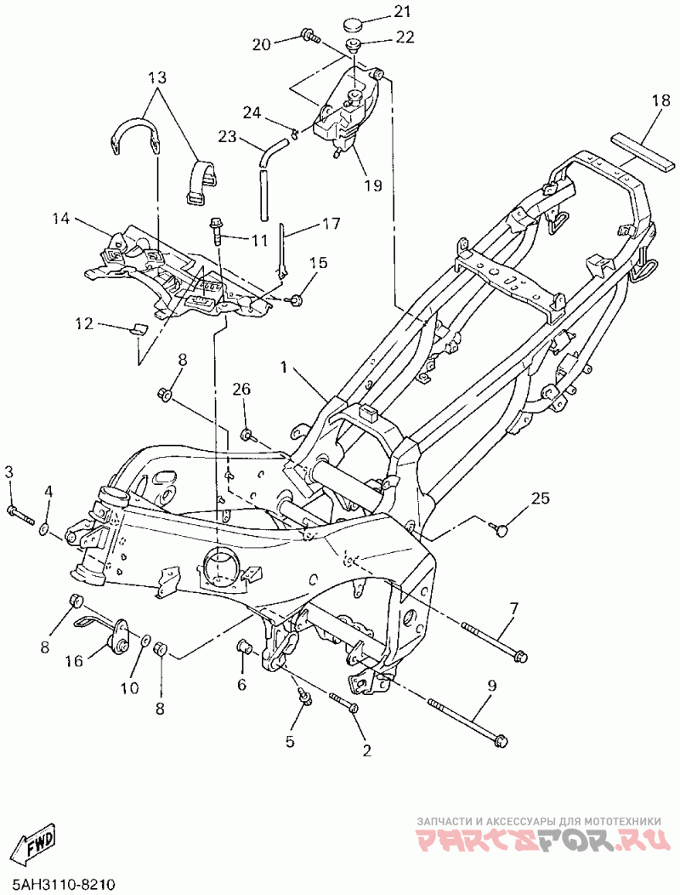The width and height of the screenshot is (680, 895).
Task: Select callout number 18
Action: pyautogui.click(x=662, y=101)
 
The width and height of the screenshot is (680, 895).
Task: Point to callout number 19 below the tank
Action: pyautogui.click(x=373, y=185)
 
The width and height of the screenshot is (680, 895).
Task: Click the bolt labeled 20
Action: pyautogui.click(x=309, y=36)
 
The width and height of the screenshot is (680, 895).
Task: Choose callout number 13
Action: pyautogui.click(x=158, y=77)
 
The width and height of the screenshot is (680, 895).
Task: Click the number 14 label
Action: pyautogui.click(x=61, y=218)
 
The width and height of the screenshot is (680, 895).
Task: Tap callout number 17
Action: pyautogui.click(x=331, y=223)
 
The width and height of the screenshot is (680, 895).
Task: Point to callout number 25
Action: pyautogui.click(x=541, y=499)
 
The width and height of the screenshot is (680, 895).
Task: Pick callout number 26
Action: pyautogui.click(x=241, y=390)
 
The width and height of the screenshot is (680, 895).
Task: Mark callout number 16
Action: pyautogui.click(x=75, y=661)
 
